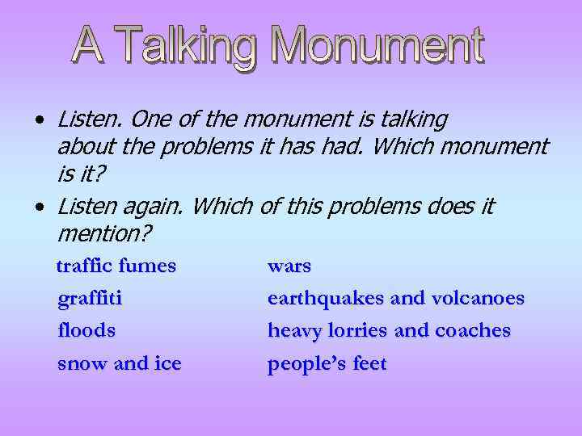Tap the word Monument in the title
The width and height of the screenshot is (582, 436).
point(377,46)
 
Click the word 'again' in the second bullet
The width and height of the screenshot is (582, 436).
point(156,207)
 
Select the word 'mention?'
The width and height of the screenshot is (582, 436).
point(105,235)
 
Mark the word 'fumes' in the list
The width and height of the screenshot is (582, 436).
point(147,266)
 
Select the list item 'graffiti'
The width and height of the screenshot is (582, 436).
point(90,299)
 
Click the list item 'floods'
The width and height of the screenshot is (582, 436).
point(86,330)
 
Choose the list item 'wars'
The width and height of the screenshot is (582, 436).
point(289,266)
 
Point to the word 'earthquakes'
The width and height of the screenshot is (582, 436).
point(326,299)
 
